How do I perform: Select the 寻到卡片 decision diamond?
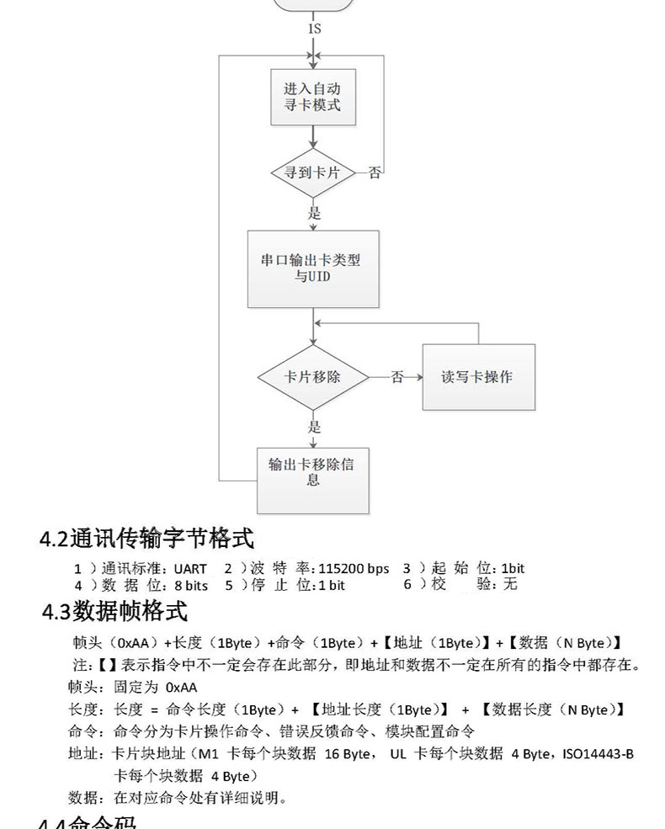[x=313, y=173]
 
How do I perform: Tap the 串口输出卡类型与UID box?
[x=312, y=268]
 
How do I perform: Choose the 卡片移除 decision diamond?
[x=312, y=376]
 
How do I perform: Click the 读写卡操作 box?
[x=476, y=376]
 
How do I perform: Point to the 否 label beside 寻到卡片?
[x=375, y=173]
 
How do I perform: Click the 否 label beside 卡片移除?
[x=396, y=377]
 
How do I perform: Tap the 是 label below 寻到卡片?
[x=314, y=213]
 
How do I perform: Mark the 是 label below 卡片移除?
[x=314, y=427]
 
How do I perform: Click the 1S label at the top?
[x=314, y=29]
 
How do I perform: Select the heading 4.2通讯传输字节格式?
[x=147, y=538]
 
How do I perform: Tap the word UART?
[x=190, y=569]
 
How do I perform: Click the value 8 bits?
[x=191, y=585]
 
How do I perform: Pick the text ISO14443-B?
[x=599, y=754]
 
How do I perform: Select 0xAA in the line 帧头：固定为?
[x=182, y=687]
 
